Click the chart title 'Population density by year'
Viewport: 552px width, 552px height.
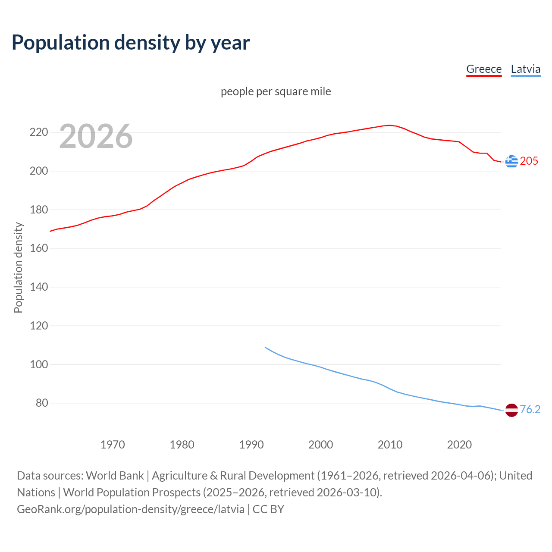click(131, 43)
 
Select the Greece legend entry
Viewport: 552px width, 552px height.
click(484, 69)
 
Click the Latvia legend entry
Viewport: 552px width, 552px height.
click(525, 69)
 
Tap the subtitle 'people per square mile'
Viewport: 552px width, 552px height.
click(276, 91)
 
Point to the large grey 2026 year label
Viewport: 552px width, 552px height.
click(96, 136)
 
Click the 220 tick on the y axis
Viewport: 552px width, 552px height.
click(38, 132)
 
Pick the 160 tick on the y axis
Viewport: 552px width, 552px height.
click(38, 248)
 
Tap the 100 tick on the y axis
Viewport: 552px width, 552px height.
click(38, 364)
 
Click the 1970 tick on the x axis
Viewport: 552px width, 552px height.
click(113, 445)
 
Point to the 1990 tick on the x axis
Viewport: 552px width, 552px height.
click(251, 445)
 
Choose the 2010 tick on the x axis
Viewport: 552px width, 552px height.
click(390, 445)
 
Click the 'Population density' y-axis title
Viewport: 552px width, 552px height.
click(18, 267)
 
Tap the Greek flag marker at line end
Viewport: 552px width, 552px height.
click(511, 161)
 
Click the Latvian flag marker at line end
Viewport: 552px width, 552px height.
click(511, 410)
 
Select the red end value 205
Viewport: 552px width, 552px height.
click(529, 161)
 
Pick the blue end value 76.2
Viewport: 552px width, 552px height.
click(530, 410)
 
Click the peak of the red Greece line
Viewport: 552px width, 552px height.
click(390, 125)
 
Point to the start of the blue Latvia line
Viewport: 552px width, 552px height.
click(265, 347)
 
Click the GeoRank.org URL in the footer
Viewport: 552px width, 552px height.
click(131, 509)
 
